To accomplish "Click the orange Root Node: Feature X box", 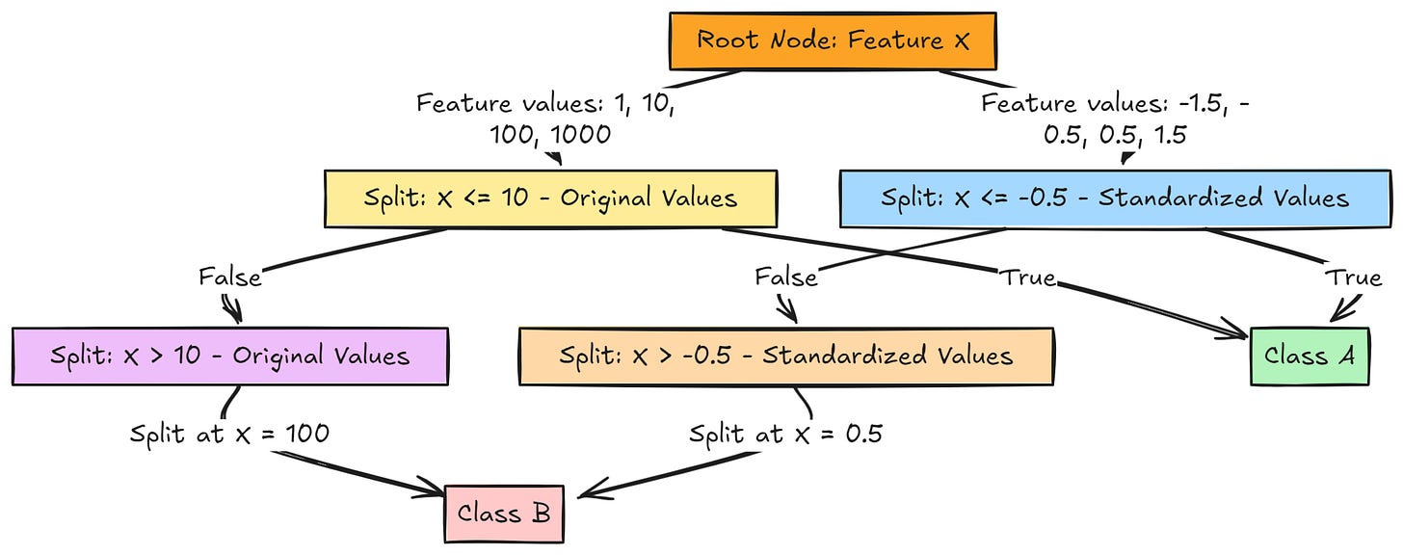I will coord(833,40).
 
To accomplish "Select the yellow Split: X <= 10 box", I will coord(550,199).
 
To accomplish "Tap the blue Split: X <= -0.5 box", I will coord(1115,199).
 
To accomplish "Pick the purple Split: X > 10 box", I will coord(229,356).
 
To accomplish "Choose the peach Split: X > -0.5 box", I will coord(785,356).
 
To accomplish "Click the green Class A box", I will coord(1310,356).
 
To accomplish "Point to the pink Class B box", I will coord(504,513).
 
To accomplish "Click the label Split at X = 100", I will coord(229,435).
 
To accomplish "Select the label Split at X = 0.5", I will coord(785,435).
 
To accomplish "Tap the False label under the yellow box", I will coord(229,277).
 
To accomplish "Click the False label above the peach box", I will coord(785,277).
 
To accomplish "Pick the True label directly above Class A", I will coord(1353,277).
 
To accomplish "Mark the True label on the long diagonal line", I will coord(1026,277).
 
